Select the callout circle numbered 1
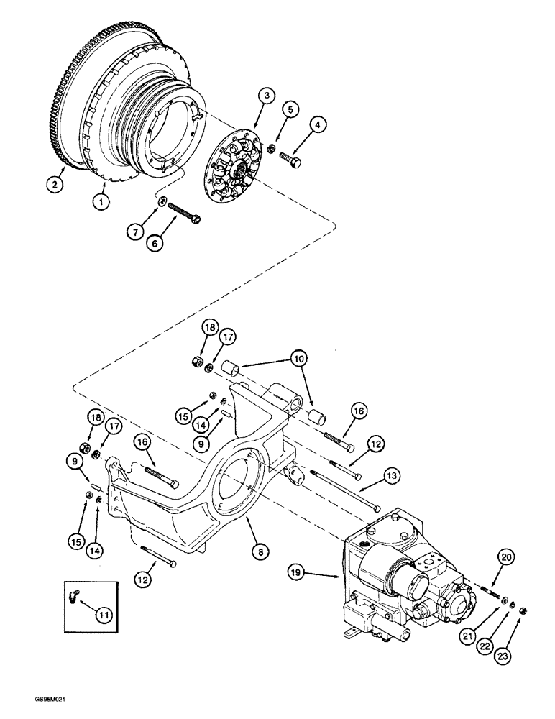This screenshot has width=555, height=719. point(102,204)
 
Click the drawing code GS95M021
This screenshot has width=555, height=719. point(35,708)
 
